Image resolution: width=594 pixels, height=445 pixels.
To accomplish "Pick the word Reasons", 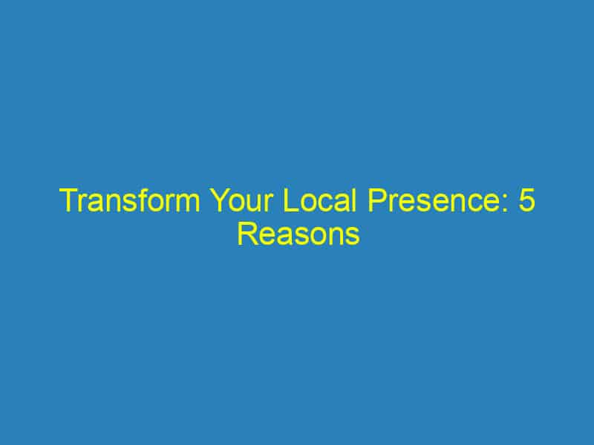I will click(x=298, y=235).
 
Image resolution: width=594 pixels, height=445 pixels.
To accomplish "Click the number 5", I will click(x=526, y=202).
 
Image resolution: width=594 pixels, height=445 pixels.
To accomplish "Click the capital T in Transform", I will click(x=68, y=202).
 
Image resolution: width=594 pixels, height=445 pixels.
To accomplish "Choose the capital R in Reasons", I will click(x=246, y=235).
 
